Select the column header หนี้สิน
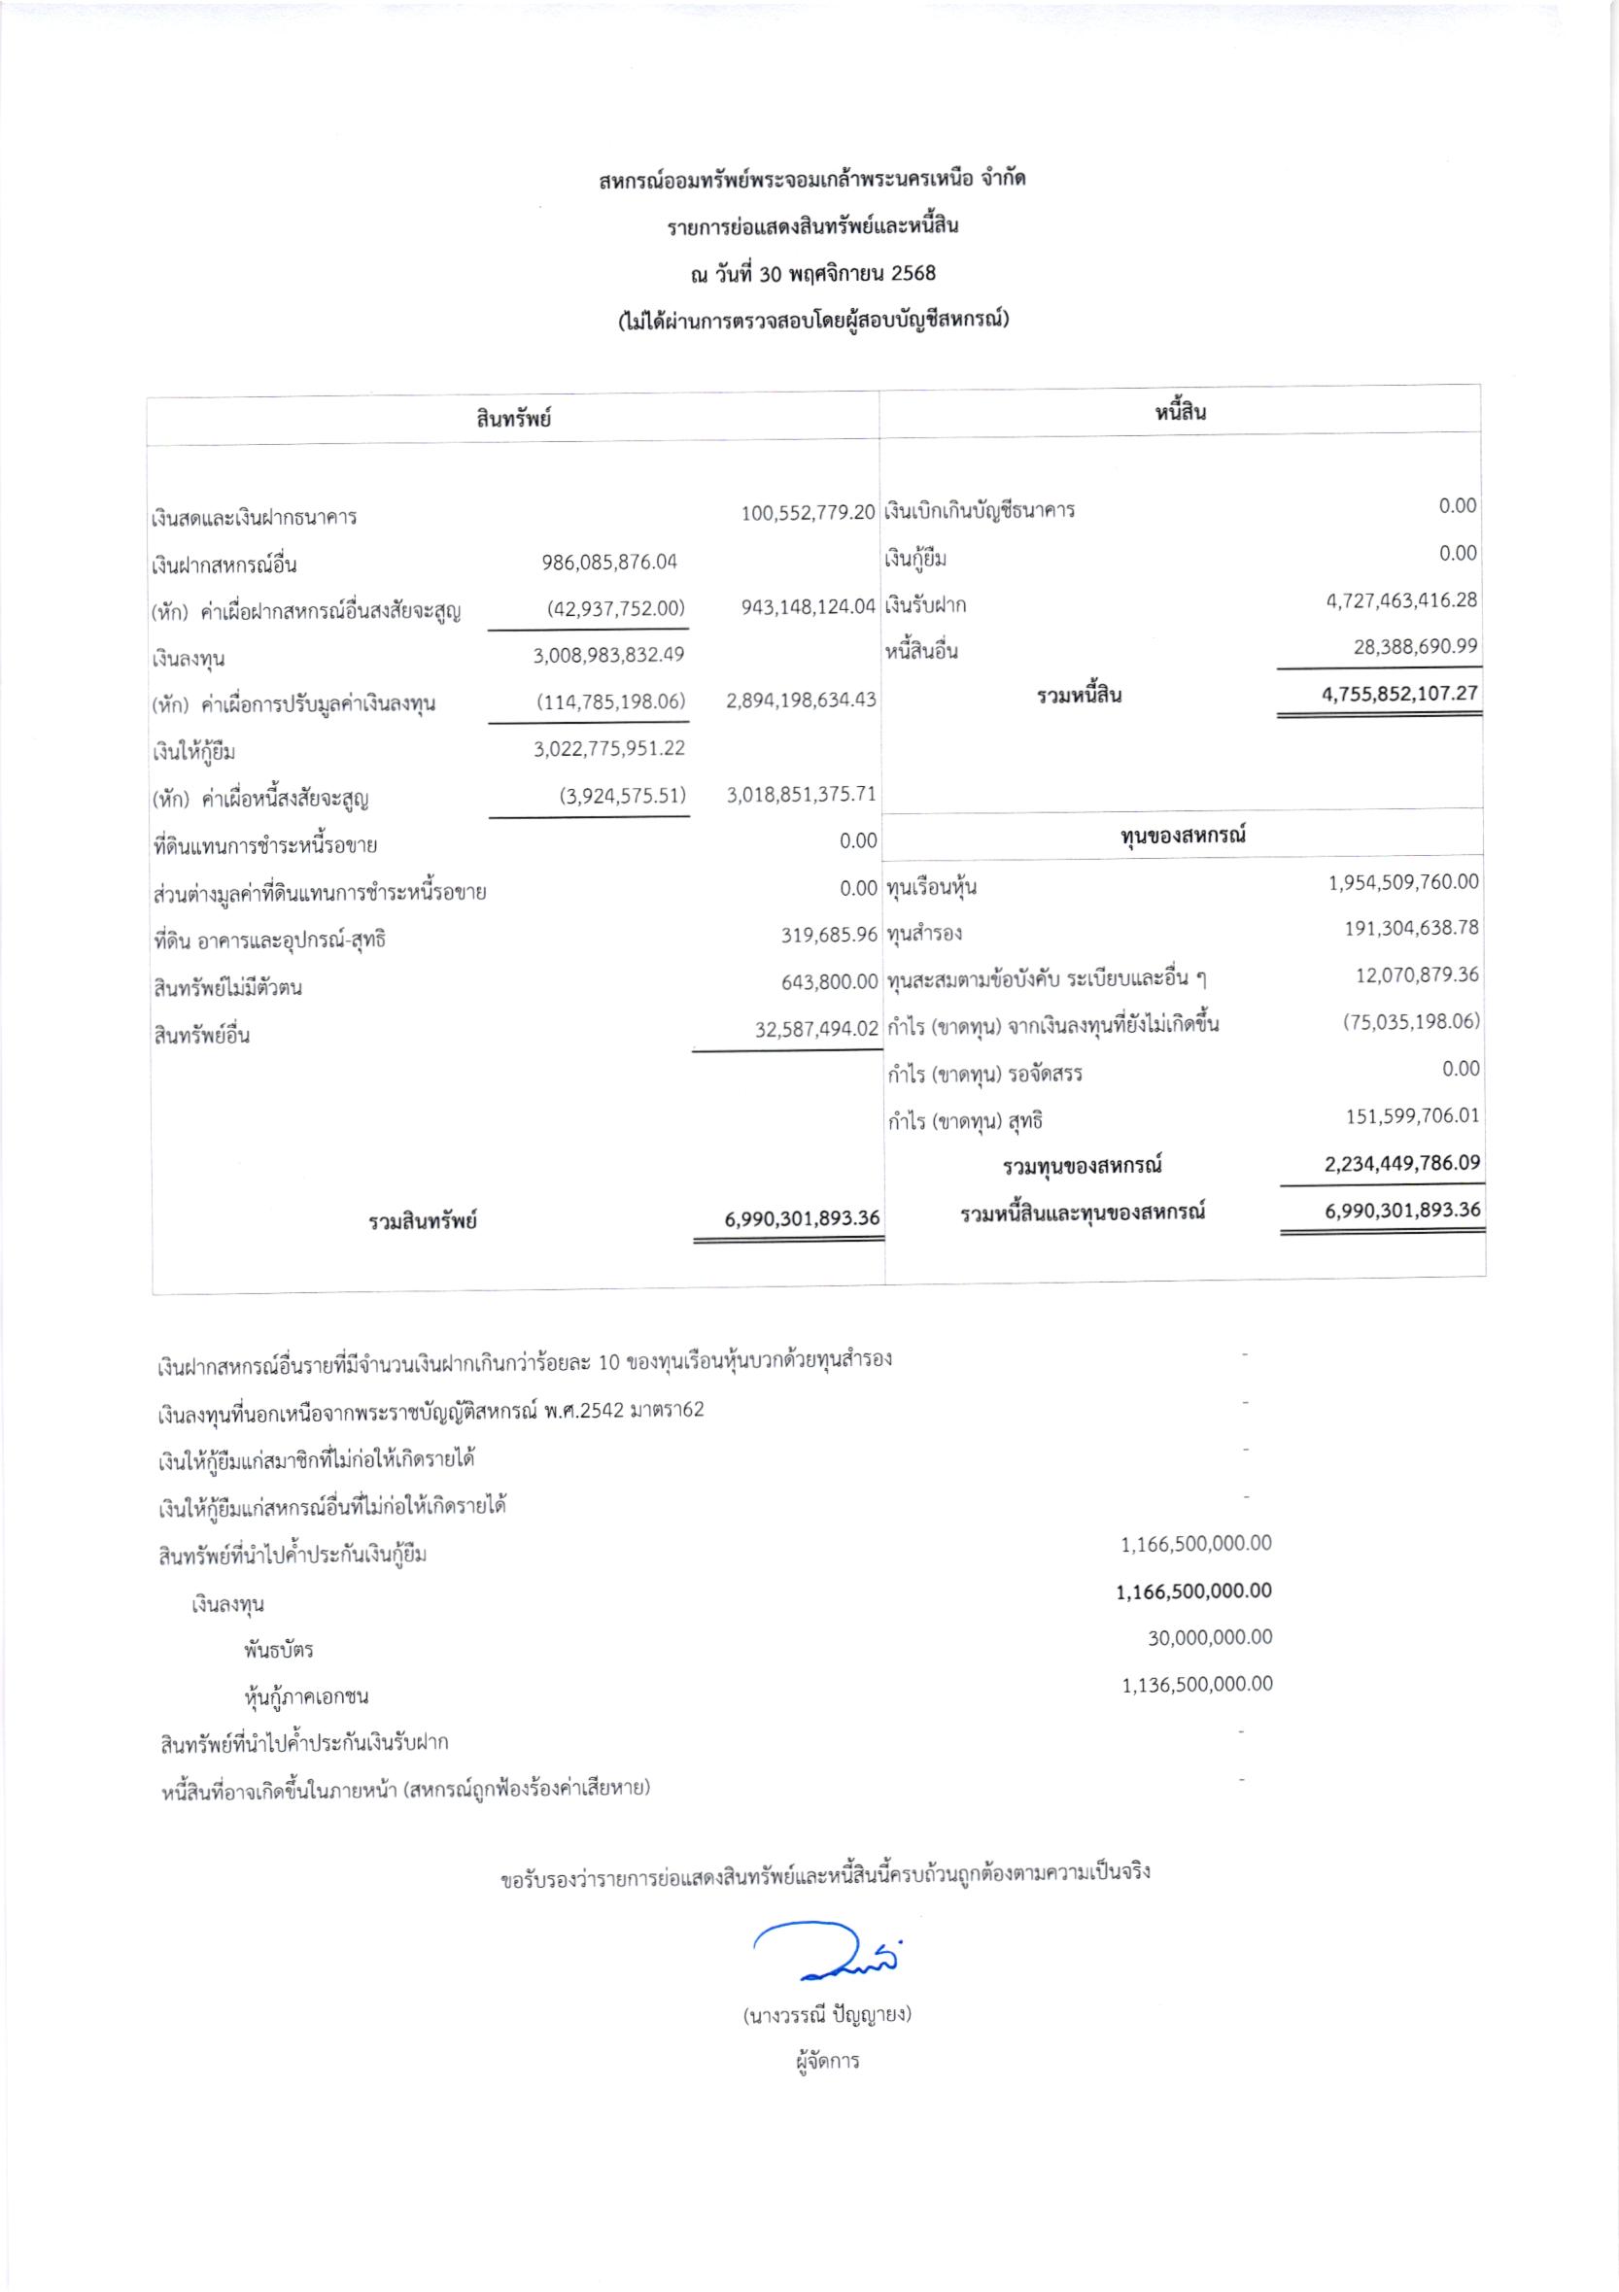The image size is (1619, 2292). [1181, 412]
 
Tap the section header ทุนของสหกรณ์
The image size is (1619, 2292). [1183, 835]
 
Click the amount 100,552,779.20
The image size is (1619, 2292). [808, 513]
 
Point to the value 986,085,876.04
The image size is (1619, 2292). [609, 562]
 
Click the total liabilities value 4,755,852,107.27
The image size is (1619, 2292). [1399, 694]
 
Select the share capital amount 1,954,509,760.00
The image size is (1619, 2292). [1403, 882]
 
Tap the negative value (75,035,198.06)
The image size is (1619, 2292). [1410, 1021]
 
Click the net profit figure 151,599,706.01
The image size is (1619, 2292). [1412, 1116]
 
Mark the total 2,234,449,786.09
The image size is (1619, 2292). [1402, 1163]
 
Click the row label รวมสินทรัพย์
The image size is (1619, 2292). [422, 1221]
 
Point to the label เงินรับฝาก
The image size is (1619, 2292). [925, 606]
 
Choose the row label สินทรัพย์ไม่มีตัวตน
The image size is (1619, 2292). [227, 988]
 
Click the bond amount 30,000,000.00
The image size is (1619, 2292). [1210, 1637]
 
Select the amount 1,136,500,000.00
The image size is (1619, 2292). [1197, 1684]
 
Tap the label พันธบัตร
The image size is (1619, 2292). [279, 1649]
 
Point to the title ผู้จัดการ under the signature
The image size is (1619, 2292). [827, 2062]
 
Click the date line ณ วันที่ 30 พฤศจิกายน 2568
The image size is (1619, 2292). [812, 272]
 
